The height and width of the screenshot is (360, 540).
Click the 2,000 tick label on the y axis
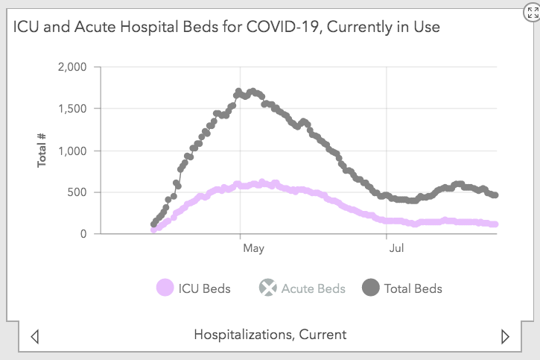pyautogui.click(x=72, y=67)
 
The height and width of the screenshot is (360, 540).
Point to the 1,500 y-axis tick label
pyautogui.click(x=72, y=109)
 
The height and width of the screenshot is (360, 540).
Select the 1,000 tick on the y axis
pyautogui.click(x=72, y=151)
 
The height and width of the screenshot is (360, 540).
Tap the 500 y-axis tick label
pyautogui.click(x=77, y=192)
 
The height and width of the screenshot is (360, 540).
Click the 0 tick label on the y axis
pyautogui.click(x=83, y=234)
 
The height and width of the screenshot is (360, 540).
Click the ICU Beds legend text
pyautogui.click(x=204, y=288)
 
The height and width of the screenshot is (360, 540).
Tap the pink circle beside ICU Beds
pyautogui.click(x=165, y=288)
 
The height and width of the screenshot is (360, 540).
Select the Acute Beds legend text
pyautogui.click(x=313, y=288)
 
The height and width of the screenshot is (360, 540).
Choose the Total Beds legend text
pyautogui.click(x=413, y=288)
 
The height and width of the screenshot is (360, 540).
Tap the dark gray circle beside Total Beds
pyautogui.click(x=370, y=288)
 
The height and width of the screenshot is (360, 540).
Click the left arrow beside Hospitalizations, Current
pyautogui.click(x=34, y=336)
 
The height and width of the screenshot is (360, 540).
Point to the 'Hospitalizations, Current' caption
pyautogui.click(x=270, y=334)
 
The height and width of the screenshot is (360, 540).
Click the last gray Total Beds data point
pyautogui.click(x=495, y=195)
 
